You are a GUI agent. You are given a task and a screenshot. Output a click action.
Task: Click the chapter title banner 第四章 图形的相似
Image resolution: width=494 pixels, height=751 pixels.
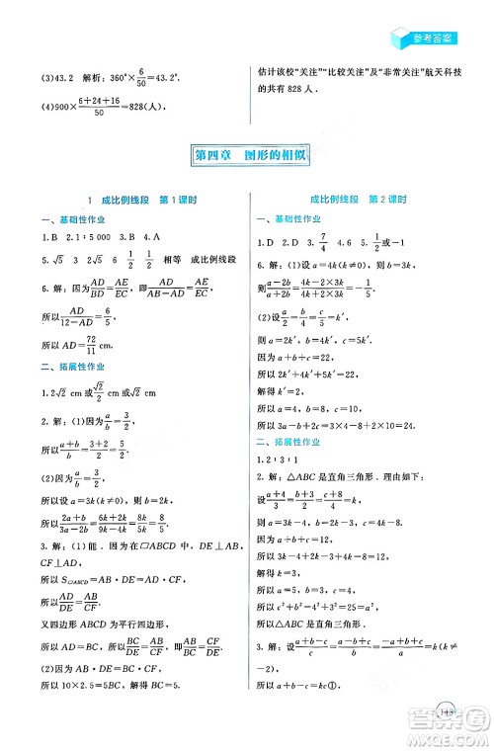246,154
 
